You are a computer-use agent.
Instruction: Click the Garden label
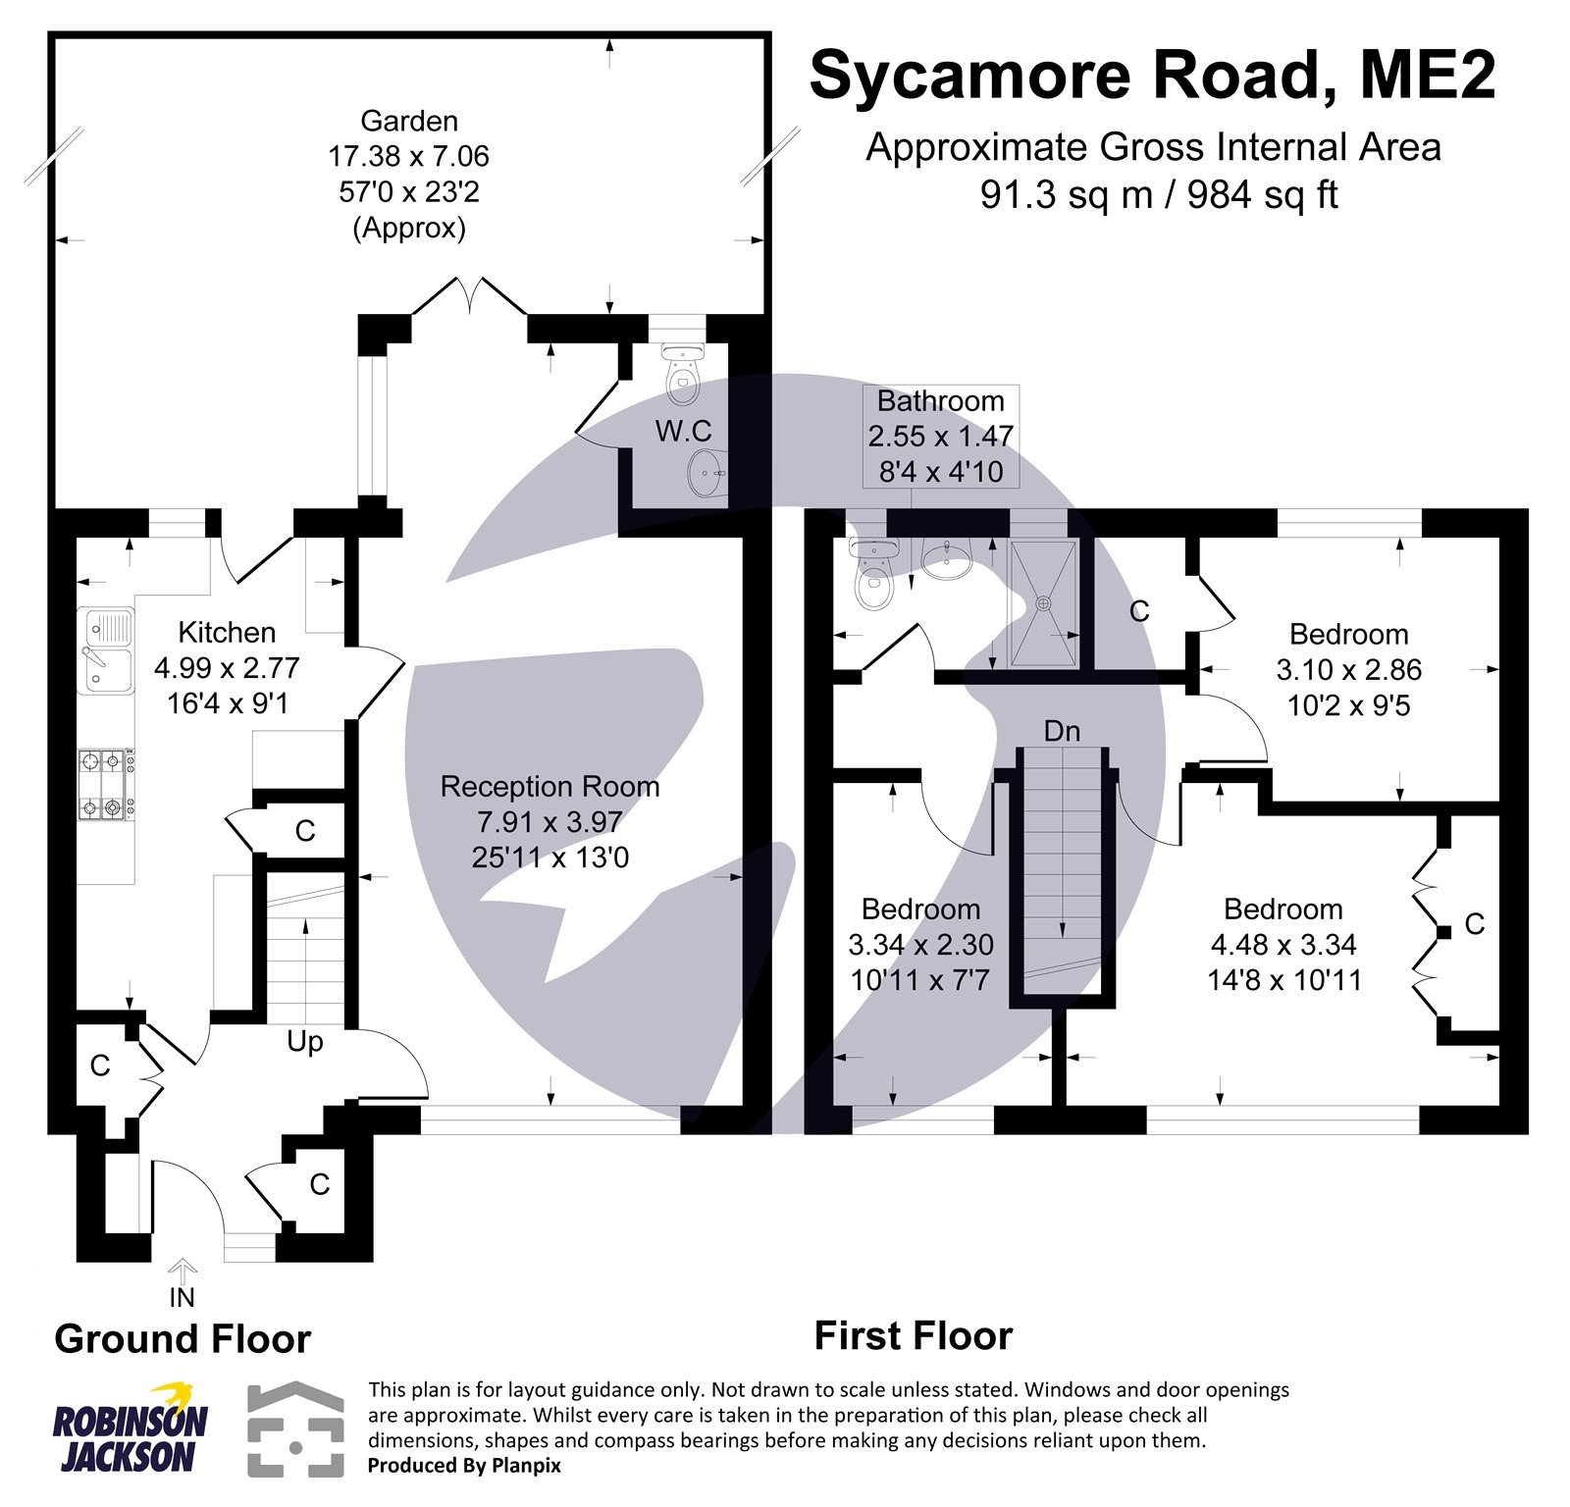(409, 122)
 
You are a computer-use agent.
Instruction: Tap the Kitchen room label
(227, 633)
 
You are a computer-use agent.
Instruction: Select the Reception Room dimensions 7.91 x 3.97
(549, 822)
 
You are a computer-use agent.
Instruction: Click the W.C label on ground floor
(683, 432)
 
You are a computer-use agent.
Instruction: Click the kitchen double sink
(108, 650)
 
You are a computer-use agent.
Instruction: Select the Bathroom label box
(940, 437)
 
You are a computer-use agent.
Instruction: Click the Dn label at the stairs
(1062, 732)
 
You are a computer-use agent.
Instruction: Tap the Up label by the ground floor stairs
(304, 1042)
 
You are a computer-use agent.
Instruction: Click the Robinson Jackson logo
(130, 1428)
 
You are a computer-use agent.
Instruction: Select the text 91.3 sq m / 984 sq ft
(1159, 194)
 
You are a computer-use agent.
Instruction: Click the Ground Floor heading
(183, 1339)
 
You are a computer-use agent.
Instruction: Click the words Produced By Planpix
(464, 1466)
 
